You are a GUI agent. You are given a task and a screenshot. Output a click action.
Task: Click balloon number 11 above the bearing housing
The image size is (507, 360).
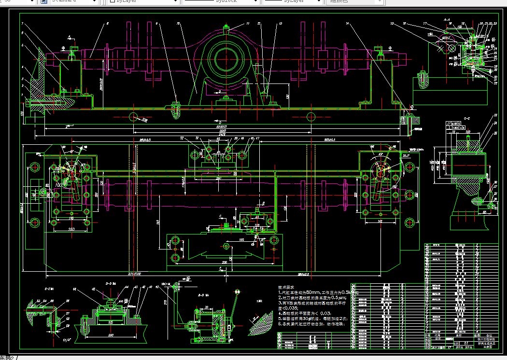click(248, 23)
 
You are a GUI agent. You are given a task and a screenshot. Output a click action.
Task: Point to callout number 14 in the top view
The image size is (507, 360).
click(347, 23)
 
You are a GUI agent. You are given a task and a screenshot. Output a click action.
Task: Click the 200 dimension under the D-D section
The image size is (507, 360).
click(111, 334)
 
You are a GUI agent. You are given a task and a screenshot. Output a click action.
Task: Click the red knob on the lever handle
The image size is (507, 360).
click(237, 292)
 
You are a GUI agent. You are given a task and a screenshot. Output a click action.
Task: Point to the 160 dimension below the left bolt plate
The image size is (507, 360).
click(71, 229)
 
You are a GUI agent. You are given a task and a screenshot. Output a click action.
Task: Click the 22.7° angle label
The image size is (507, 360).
click(406, 156)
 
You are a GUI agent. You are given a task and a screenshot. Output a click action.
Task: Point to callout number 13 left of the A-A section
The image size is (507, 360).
click(392, 23)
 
